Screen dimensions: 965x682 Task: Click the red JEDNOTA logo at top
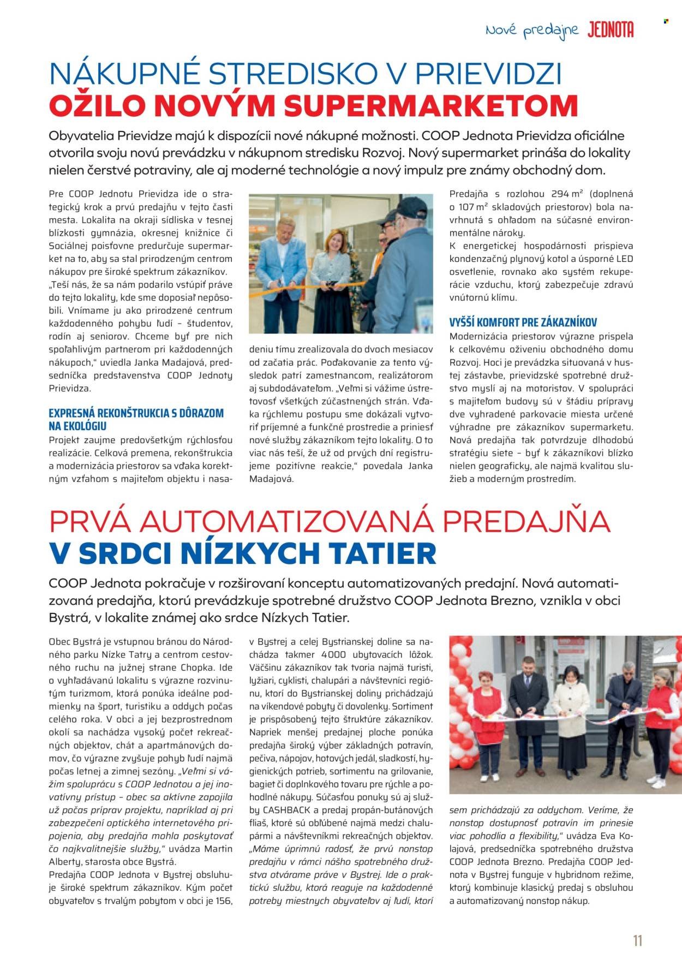point(611,31)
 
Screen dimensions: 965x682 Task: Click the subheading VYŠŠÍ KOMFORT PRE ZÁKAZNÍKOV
point(523,322)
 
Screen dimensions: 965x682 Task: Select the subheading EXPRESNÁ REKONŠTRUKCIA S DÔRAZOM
point(136,413)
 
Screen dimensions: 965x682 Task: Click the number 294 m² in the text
point(559,194)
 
